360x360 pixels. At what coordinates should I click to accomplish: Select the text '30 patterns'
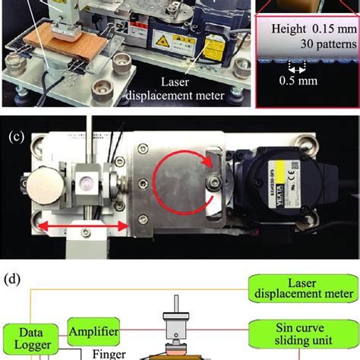tap(312, 47)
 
